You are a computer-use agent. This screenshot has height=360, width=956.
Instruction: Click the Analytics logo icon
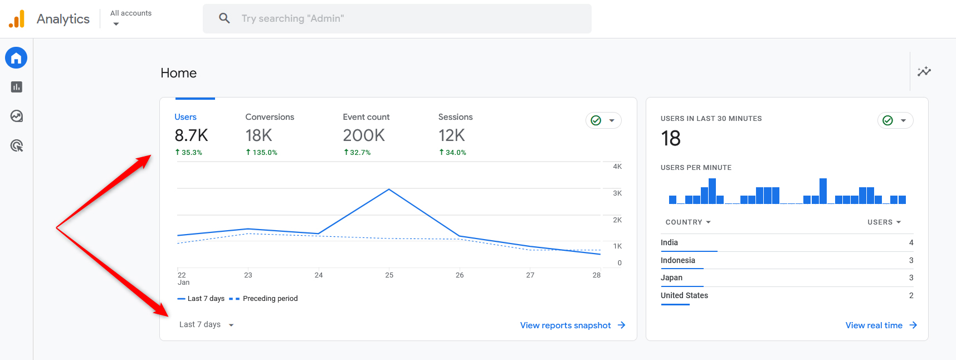tap(17, 19)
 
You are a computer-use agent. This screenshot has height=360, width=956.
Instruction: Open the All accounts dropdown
tap(130, 18)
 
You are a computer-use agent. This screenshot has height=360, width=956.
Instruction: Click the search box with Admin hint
tap(397, 18)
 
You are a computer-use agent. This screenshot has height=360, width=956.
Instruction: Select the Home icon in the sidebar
tap(16, 58)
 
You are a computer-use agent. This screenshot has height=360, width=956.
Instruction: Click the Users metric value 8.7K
tap(191, 135)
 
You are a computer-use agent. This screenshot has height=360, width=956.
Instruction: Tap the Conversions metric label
tap(269, 117)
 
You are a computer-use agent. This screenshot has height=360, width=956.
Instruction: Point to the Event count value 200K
tap(363, 135)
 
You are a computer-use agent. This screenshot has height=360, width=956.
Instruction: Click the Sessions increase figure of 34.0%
tap(452, 152)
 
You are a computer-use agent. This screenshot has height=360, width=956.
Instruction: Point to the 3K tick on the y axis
tap(617, 193)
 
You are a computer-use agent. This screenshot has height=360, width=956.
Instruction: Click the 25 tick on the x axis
tap(389, 275)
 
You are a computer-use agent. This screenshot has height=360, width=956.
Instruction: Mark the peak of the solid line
tap(389, 189)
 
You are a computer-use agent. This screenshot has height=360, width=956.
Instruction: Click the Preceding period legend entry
tap(270, 299)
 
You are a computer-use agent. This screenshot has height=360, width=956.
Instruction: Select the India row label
tap(669, 242)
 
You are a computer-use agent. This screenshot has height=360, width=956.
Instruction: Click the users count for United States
tap(911, 295)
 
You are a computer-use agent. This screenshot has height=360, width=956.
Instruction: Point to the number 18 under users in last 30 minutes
tap(671, 138)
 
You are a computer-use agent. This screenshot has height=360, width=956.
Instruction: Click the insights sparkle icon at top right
tap(924, 71)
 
